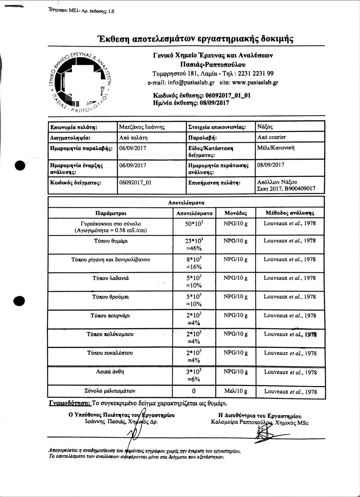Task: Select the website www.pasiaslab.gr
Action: [255, 83]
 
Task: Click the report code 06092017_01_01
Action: [228, 95]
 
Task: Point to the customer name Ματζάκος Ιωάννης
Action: [142, 127]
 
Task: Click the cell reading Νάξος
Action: [265, 127]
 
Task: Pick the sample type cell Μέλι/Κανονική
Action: [276, 148]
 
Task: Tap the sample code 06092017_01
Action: [135, 182]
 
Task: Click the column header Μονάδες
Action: [236, 213]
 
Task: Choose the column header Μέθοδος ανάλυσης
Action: [290, 213]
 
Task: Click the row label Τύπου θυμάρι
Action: [111, 241]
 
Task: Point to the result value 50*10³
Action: [194, 224]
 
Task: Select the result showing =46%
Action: [194, 248]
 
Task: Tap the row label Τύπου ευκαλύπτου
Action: [110, 353]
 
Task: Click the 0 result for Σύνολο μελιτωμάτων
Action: [194, 391]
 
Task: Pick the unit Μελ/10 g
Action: [236, 391]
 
